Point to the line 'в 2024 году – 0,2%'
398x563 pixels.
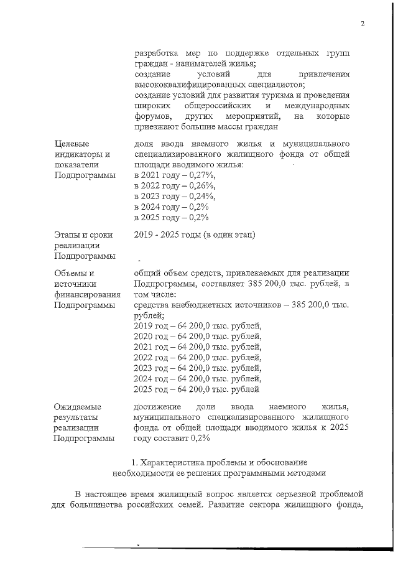[x=171, y=207]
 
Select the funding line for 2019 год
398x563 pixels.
[x=198, y=325]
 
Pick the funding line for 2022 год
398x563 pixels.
[x=198, y=358]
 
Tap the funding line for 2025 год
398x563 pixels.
[x=197, y=390]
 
